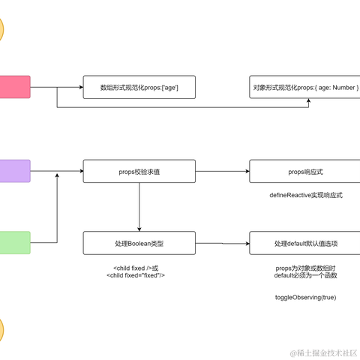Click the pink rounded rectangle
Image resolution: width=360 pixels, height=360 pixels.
point(14,87)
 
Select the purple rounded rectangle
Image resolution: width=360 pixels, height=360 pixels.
point(14,171)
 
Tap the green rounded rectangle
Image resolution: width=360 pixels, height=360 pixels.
point(14,243)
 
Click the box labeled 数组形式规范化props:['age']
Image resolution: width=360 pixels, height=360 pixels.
point(139,87)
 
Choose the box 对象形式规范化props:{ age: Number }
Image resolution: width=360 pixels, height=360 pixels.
point(306,87)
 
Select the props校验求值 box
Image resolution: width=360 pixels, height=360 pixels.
point(139,171)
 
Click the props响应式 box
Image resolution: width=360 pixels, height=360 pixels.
point(306,171)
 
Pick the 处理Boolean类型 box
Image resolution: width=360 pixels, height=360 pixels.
point(139,244)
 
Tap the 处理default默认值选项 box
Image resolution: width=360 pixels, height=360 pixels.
point(306,244)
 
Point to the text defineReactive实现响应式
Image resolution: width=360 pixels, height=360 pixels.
point(305,195)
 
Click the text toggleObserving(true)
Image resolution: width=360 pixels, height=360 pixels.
point(305,298)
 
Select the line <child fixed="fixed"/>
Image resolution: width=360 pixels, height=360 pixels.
point(136,275)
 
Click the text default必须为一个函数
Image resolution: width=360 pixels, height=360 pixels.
point(305,275)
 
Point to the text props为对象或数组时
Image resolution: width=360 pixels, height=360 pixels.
point(305,268)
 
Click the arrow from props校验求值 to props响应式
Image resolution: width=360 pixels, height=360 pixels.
point(222,171)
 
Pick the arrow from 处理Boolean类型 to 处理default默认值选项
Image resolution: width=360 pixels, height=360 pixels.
point(222,244)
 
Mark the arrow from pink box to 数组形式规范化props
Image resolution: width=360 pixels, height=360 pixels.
point(56,87)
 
